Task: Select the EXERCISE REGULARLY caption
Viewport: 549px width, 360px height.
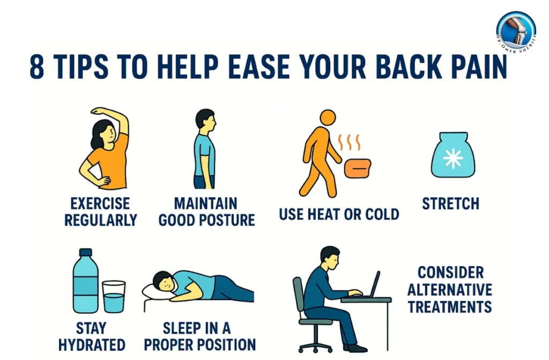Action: pos(101,211)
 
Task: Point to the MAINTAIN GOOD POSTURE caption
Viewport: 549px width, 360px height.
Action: pos(206,211)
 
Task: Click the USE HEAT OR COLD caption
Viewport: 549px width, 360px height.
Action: pos(339,215)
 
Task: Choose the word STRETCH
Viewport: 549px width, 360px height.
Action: pos(450,204)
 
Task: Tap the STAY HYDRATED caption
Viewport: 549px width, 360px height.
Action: pos(92,336)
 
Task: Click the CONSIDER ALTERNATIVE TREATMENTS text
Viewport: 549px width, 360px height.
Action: pos(450,289)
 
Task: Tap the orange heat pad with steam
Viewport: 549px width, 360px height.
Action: pos(357,167)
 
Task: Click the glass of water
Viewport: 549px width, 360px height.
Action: pos(114,296)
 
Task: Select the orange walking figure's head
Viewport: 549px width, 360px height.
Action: pos(328,119)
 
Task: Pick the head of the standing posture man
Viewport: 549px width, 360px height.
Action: pos(205,119)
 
